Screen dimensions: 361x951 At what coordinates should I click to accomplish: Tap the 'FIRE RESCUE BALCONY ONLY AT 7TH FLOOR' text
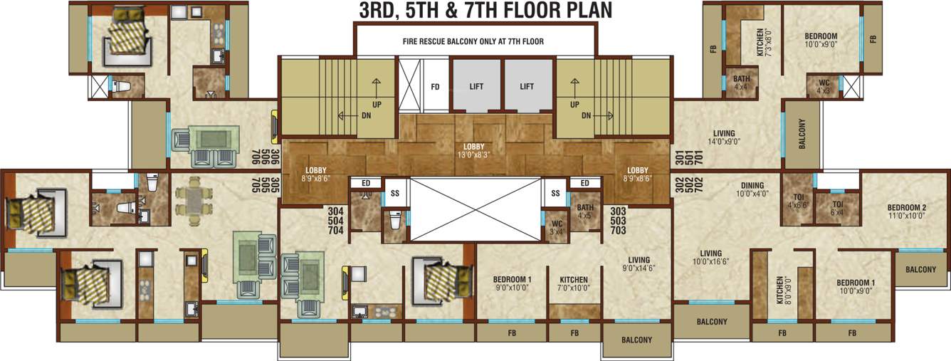click(473, 41)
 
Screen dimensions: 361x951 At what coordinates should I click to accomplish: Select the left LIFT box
click(476, 86)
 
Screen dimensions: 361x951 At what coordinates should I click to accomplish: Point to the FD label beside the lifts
click(435, 87)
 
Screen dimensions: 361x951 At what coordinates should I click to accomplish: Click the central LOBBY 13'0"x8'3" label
click(475, 150)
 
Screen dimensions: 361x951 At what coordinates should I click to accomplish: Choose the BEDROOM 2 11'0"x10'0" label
click(906, 212)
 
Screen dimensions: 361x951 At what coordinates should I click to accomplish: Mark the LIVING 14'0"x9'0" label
click(724, 137)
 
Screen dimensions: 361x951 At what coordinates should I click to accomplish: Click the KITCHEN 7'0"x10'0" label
click(573, 283)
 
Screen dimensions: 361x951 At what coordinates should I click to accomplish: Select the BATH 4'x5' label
click(585, 211)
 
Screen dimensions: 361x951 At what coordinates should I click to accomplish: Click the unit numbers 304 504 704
click(335, 221)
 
